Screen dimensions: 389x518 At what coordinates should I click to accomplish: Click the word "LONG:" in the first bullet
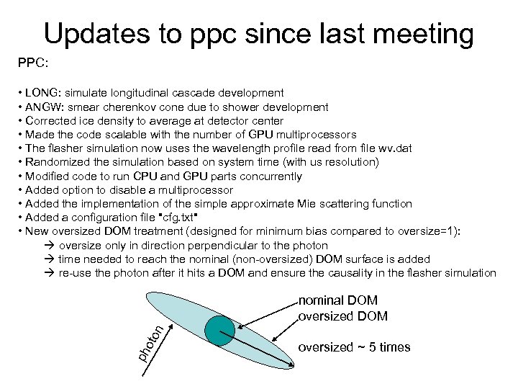click(x=43, y=93)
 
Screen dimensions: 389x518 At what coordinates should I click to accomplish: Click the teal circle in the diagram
click(x=220, y=329)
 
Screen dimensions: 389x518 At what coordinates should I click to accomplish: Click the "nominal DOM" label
click(x=337, y=301)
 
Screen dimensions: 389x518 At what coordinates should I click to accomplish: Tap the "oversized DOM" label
click(x=342, y=316)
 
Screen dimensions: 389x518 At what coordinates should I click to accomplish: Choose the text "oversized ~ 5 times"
click(x=353, y=347)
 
